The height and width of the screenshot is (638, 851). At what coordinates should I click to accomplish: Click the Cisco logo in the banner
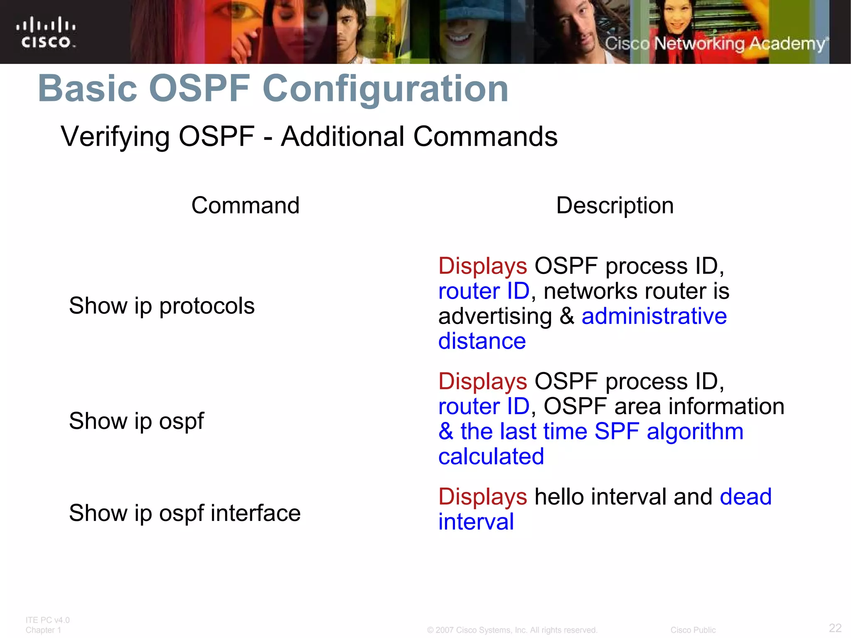coord(46,32)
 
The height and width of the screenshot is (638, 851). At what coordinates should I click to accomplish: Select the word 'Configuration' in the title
coord(385,89)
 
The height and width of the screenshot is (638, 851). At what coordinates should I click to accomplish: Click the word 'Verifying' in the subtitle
coord(115,137)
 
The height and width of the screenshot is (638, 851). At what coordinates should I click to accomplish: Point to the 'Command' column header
coord(245,205)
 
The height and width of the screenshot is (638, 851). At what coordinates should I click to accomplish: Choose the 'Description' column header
coord(615,206)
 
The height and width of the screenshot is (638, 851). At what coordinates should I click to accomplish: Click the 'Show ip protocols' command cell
coord(162,306)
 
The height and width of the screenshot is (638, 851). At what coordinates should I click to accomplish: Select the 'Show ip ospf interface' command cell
coord(184,513)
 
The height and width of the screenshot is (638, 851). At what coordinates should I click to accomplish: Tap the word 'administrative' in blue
coord(654,316)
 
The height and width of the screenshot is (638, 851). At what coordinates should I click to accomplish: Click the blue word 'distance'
coord(482,341)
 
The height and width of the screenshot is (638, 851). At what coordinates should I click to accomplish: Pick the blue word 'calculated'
coord(491,456)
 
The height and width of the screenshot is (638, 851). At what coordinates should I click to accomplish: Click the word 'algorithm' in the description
coord(695,432)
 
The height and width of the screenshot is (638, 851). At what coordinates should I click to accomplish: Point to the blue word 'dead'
coord(745,497)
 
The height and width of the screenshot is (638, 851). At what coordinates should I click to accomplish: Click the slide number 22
coord(835,628)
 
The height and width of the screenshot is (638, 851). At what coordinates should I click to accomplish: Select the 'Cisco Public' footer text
coord(693,630)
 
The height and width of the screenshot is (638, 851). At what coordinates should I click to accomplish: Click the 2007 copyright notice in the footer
coord(512,630)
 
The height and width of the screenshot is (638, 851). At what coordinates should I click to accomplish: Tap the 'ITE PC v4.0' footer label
coord(47,620)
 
